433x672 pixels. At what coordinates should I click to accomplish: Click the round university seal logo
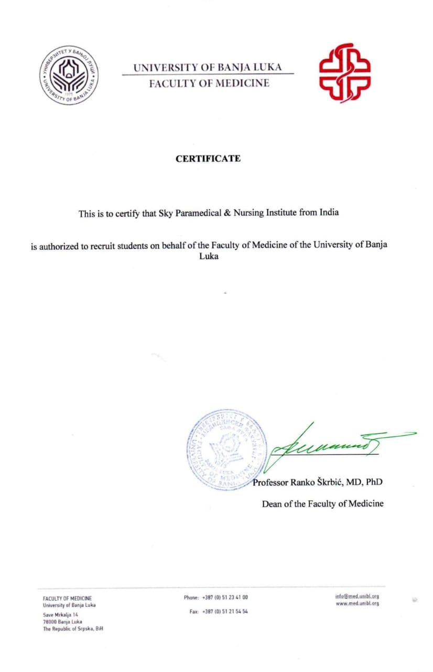(x=69, y=75)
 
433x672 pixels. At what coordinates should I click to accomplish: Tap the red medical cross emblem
(x=344, y=72)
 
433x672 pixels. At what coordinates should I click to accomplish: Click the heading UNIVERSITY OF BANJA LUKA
(x=207, y=67)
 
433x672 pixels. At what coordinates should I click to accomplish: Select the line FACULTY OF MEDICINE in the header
(x=209, y=83)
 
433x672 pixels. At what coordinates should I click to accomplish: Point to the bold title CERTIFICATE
(x=208, y=159)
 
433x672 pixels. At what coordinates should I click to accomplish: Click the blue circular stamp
(x=226, y=450)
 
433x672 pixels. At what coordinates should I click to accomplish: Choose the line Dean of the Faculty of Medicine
(x=322, y=503)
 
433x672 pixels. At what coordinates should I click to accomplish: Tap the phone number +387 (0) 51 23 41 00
(x=225, y=597)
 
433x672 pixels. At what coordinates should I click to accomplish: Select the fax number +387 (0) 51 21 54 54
(x=225, y=612)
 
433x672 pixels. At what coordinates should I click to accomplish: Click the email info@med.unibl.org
(x=357, y=596)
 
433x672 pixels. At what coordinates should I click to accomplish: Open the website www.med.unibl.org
(x=357, y=604)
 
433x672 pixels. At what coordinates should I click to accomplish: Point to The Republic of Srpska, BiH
(x=73, y=628)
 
